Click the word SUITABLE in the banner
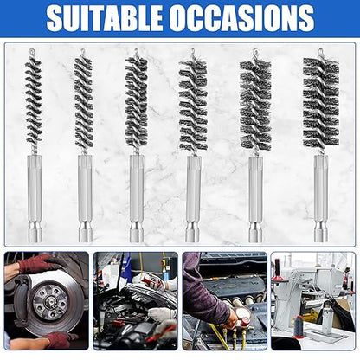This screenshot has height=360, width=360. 104,17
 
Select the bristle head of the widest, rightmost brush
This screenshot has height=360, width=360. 321,101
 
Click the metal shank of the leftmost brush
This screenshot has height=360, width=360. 35,198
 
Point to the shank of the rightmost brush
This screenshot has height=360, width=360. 321,198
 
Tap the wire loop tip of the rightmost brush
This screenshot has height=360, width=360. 320,53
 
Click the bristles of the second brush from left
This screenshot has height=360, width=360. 84,101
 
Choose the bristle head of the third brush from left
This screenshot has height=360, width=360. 136,101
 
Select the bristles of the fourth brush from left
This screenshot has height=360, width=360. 193,105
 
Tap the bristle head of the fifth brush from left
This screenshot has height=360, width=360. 255,105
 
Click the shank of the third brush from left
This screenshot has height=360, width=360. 137,198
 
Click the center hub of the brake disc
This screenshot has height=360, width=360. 48,300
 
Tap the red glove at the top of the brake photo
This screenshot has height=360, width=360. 40,263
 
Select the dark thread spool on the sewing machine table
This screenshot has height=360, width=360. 299,326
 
